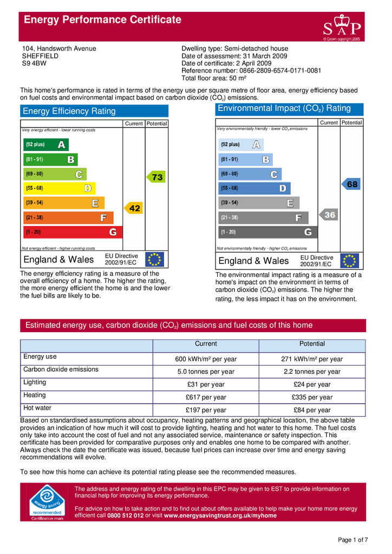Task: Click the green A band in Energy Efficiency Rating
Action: [46, 144]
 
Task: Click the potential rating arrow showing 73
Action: [156, 177]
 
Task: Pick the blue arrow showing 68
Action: [351, 184]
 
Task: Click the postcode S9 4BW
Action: [34, 63]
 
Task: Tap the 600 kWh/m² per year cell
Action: [206, 359]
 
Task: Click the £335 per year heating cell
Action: [312, 398]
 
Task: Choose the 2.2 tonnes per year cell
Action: [312, 372]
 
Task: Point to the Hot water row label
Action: [37, 408]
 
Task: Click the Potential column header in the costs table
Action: [312, 344]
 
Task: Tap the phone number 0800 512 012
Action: [126, 516]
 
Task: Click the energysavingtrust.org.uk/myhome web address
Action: [220, 516]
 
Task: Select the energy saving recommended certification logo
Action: [47, 502]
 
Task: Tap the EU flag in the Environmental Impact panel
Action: [350, 261]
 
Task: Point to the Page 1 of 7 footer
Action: [352, 540]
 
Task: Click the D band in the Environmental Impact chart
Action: [254, 188]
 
